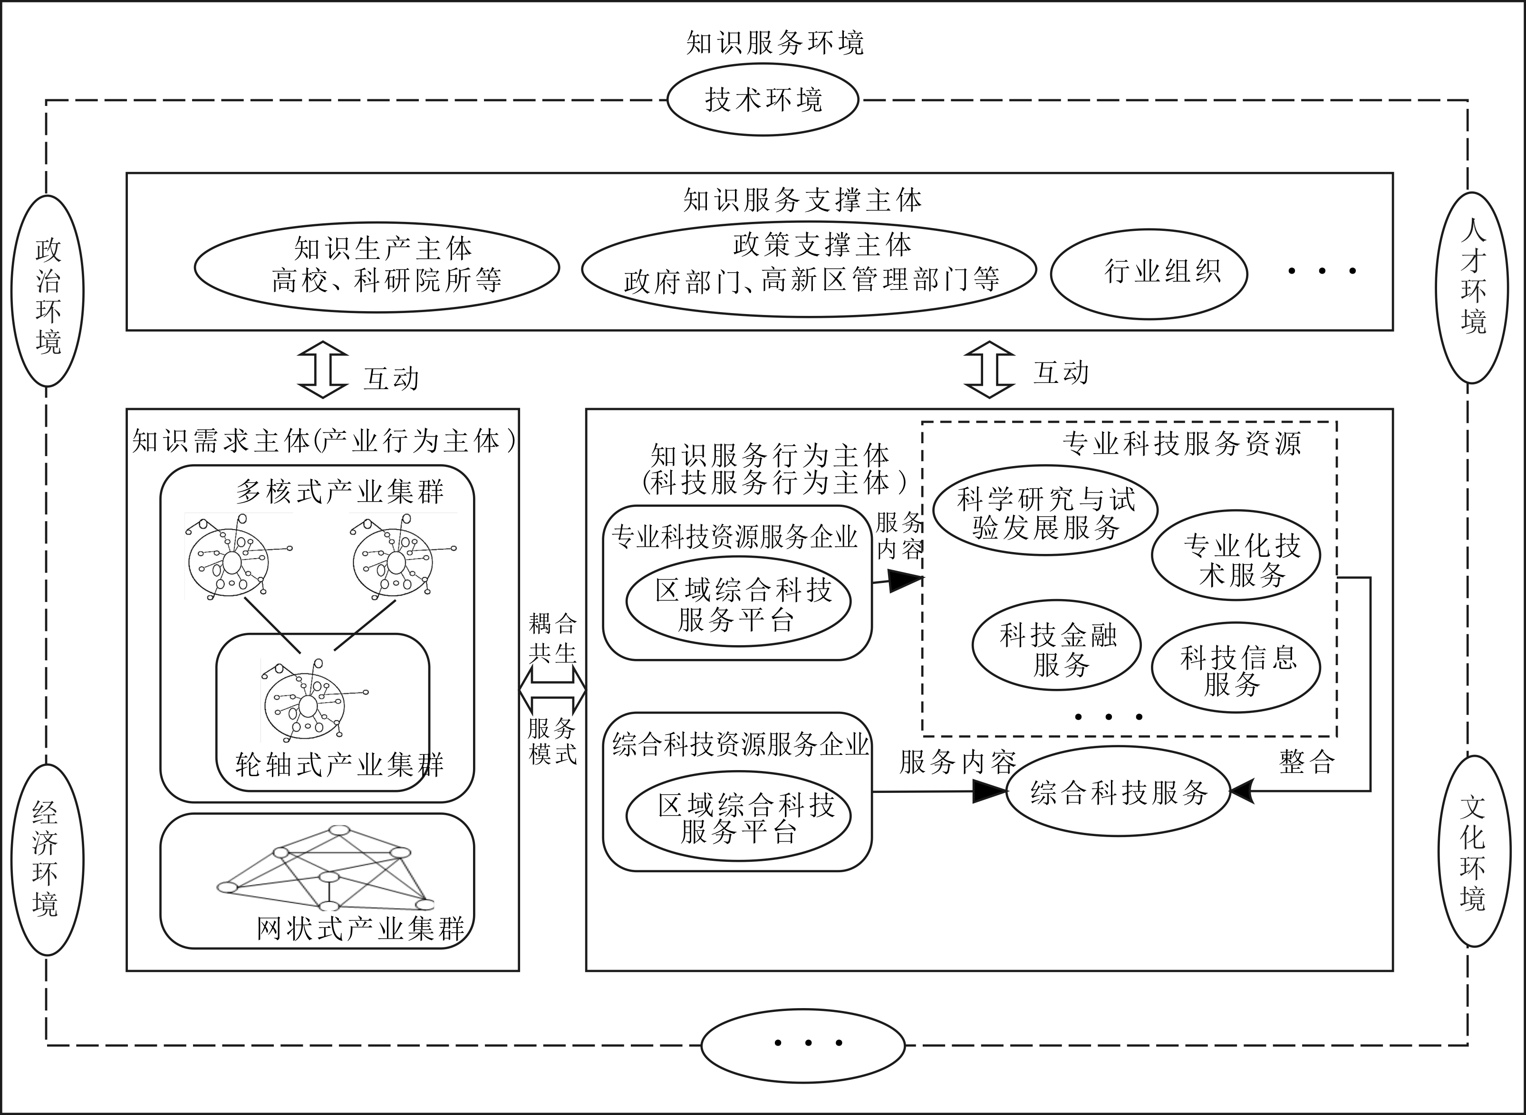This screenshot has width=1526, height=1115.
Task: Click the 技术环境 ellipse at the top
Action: [x=763, y=100]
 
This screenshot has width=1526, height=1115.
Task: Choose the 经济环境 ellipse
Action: [x=47, y=859]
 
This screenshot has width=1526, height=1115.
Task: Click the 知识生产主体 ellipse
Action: [x=377, y=267]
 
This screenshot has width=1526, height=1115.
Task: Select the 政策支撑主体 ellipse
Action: [x=809, y=268]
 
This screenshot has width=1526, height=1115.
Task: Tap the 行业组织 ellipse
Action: [x=1149, y=273]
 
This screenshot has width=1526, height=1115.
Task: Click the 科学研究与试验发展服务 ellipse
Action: [x=1045, y=510]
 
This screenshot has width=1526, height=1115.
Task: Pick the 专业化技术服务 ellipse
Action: [x=1236, y=555]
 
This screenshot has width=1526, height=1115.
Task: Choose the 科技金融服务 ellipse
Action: [x=1057, y=645]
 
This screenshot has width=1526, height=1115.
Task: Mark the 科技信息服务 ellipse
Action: [x=1236, y=667]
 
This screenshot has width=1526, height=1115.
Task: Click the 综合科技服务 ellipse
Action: [x=1118, y=791]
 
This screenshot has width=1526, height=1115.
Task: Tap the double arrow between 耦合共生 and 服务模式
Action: [x=552, y=690]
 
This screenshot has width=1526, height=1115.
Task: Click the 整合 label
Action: [x=1306, y=762]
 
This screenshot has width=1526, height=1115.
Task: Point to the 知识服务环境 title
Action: [x=774, y=43]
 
